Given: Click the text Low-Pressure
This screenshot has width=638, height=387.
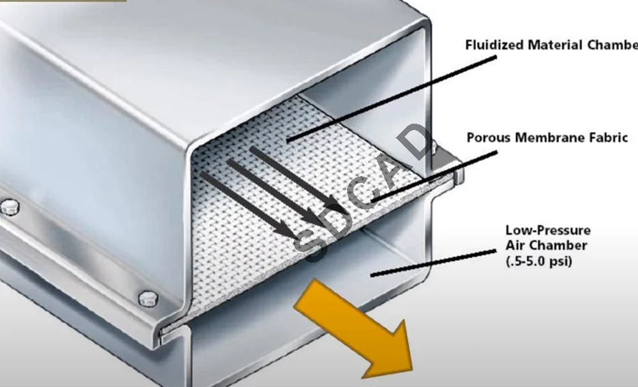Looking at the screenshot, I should [548, 230].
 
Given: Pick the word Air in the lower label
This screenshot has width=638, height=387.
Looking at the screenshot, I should [516, 245].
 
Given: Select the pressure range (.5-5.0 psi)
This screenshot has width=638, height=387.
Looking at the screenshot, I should [538, 261].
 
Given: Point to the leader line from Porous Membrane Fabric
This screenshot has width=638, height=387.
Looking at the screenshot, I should [434, 177].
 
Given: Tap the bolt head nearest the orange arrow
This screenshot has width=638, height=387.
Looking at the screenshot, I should [148, 298].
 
